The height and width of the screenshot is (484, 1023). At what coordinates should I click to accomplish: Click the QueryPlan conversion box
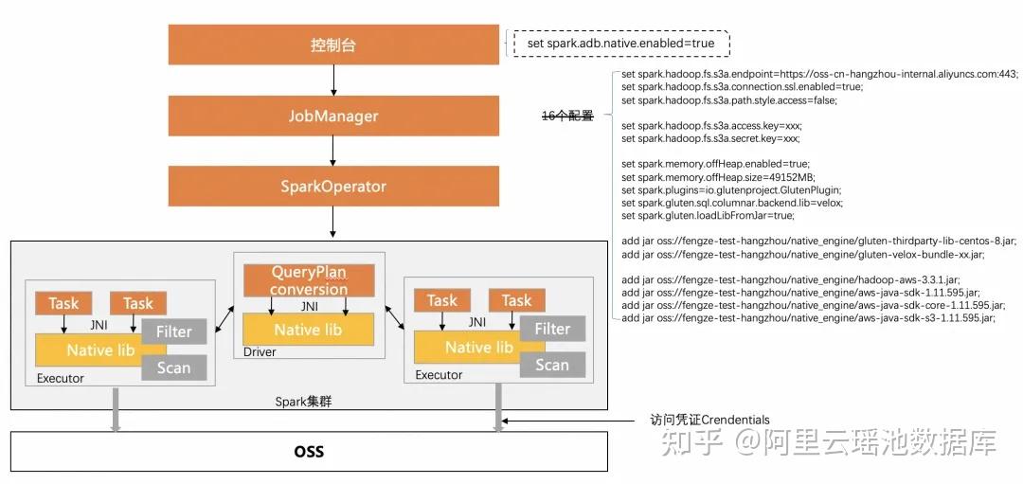click(x=309, y=280)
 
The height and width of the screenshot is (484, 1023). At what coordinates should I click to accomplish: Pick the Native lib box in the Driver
click(x=309, y=330)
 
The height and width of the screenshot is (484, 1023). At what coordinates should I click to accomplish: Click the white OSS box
click(x=309, y=451)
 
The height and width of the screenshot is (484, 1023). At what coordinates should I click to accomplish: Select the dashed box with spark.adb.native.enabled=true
click(x=620, y=44)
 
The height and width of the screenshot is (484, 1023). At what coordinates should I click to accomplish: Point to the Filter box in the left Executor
click(x=173, y=332)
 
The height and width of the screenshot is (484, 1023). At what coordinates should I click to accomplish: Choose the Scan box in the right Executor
click(x=552, y=365)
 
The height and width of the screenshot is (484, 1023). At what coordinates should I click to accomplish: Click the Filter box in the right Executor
click(x=552, y=329)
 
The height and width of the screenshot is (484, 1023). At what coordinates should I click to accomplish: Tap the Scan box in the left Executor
click(x=173, y=367)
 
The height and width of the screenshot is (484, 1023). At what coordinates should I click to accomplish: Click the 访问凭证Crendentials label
click(x=709, y=420)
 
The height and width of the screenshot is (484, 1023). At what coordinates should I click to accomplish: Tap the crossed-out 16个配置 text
click(x=566, y=116)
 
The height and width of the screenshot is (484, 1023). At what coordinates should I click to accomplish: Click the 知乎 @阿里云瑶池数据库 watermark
click(x=828, y=442)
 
